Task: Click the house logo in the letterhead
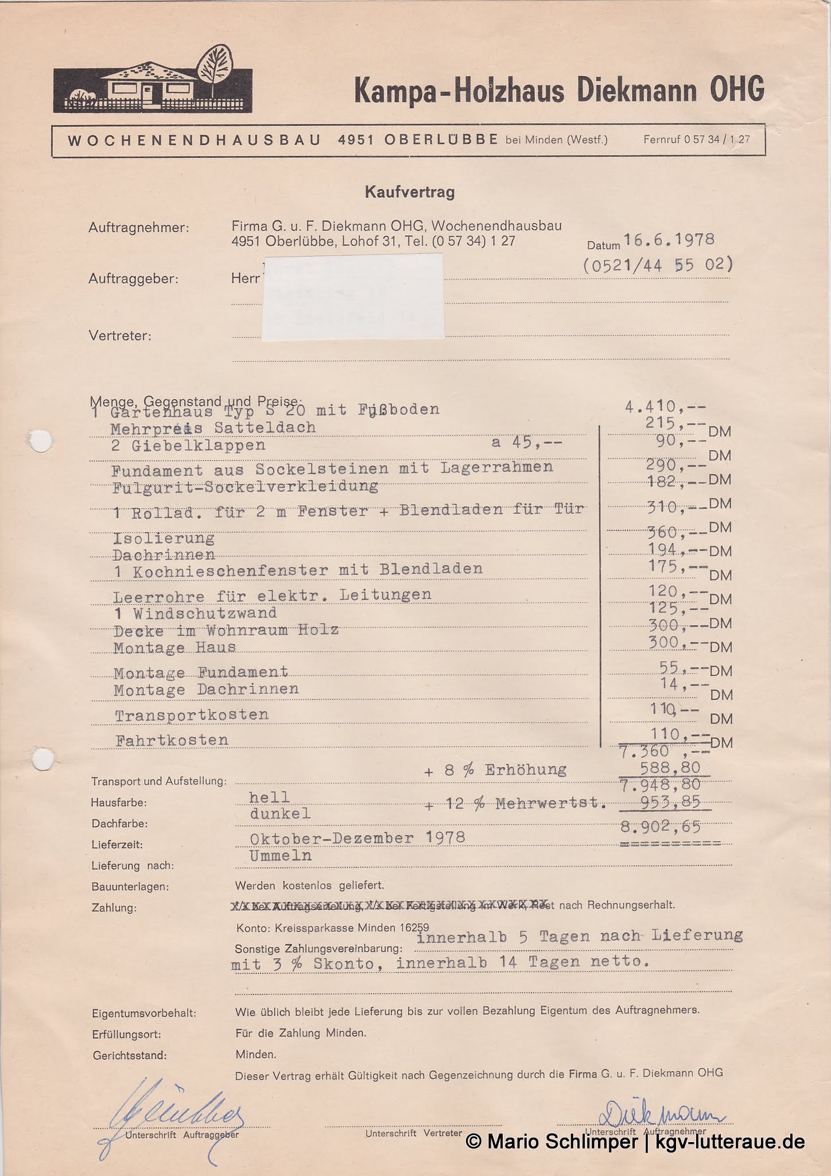(153, 81)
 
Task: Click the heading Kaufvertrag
(410, 192)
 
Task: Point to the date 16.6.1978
(669, 239)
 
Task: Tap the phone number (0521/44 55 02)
(658, 265)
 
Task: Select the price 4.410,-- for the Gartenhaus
(665, 407)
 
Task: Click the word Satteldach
(265, 428)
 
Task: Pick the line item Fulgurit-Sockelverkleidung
(245, 487)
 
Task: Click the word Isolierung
(164, 538)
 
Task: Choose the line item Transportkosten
(192, 715)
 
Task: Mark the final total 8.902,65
(661, 827)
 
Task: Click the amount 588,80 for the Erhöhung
(670, 768)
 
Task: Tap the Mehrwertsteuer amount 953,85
(670, 802)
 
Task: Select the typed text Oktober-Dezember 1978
(357, 838)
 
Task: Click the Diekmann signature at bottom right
(660, 1115)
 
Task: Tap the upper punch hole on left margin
(41, 442)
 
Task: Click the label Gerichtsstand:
(129, 1055)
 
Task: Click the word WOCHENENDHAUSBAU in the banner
(194, 140)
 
